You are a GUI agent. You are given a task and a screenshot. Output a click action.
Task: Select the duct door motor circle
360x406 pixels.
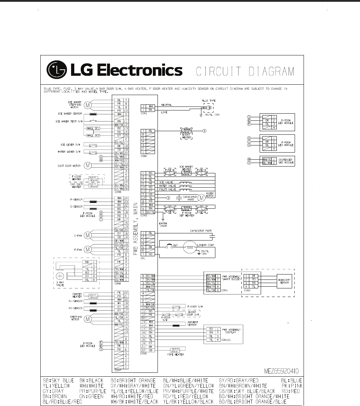click(87, 165)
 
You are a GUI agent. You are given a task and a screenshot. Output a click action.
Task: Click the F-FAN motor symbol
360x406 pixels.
click(88, 249)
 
